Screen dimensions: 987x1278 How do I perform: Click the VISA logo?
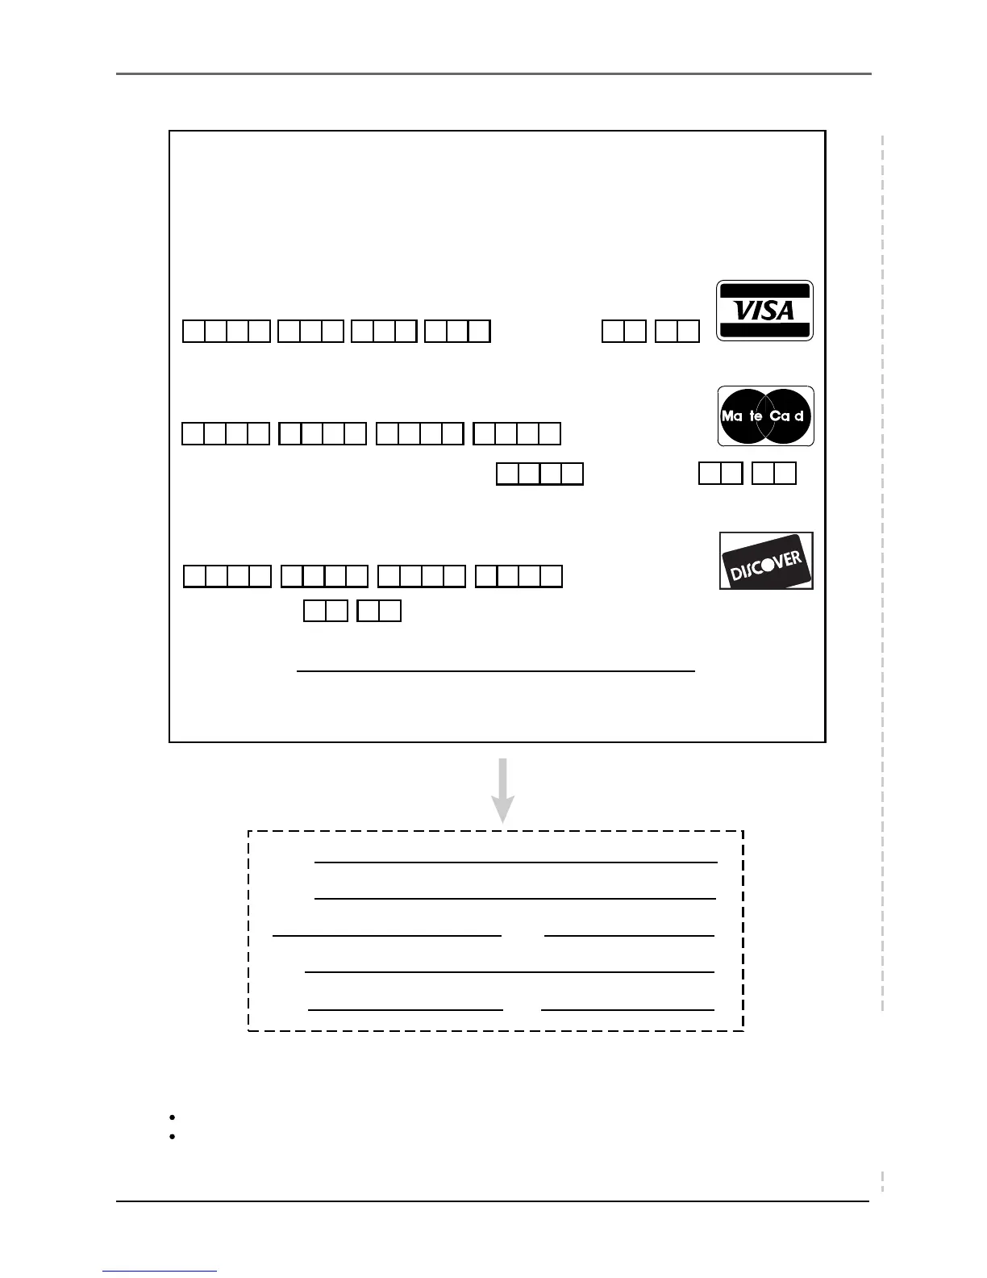(x=764, y=311)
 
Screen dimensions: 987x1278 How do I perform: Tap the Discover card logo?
(x=766, y=561)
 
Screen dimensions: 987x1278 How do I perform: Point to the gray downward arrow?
(x=503, y=790)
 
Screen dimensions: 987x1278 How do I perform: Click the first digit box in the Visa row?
(x=194, y=332)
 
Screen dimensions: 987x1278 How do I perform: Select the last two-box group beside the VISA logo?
(x=677, y=332)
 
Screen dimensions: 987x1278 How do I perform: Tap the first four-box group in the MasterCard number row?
(x=226, y=434)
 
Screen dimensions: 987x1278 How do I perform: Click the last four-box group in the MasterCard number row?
(x=517, y=434)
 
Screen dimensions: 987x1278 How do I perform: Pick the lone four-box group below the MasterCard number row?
(x=539, y=473)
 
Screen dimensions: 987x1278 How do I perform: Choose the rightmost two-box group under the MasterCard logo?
(x=774, y=473)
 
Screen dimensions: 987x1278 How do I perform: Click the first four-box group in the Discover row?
(x=227, y=576)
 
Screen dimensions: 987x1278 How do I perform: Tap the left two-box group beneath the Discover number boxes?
(x=326, y=611)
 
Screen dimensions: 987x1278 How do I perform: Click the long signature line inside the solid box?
(x=496, y=670)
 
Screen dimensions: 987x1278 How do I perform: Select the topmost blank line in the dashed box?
(x=516, y=862)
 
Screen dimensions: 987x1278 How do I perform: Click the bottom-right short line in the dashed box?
(x=628, y=1009)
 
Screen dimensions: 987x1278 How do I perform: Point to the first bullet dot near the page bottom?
(x=173, y=1117)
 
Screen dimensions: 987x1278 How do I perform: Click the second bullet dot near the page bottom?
(x=173, y=1136)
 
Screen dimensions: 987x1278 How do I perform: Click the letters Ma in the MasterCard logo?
(x=732, y=416)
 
